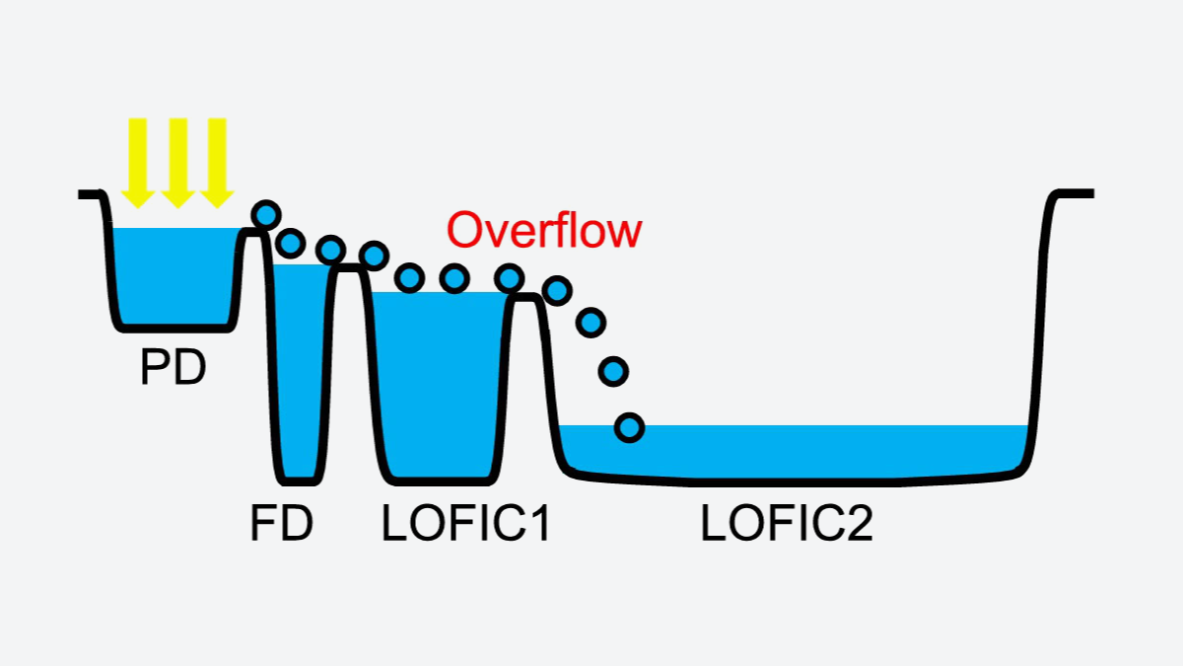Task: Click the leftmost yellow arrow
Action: click(138, 163)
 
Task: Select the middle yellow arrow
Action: click(178, 163)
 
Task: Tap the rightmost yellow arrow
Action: click(217, 163)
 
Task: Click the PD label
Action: click(174, 366)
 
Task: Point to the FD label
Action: click(282, 522)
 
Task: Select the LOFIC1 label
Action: click(465, 522)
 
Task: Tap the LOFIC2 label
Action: click(787, 522)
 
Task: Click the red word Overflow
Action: click(544, 230)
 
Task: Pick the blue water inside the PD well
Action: click(174, 275)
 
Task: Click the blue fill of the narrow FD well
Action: click(300, 370)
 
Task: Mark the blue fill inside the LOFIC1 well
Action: click(440, 383)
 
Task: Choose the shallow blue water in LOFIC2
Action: click(793, 449)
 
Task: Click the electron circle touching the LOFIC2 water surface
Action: click(630, 427)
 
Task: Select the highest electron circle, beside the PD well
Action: click(266, 215)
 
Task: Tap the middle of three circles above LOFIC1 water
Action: click(454, 278)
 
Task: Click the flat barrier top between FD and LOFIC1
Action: click(349, 268)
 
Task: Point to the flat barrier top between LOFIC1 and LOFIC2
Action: click(526, 298)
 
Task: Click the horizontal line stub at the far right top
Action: click(1076, 194)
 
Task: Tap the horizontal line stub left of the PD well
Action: click(90, 194)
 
